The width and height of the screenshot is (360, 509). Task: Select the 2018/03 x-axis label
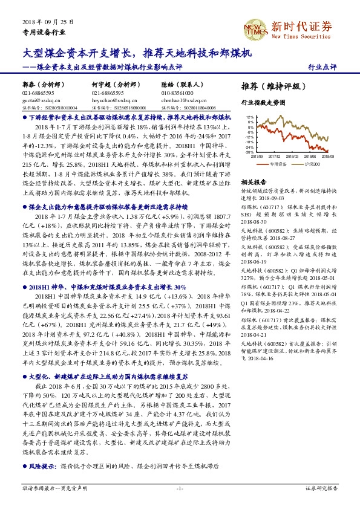click(x=292, y=156)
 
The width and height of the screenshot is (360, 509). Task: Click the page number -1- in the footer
click(x=180, y=487)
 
